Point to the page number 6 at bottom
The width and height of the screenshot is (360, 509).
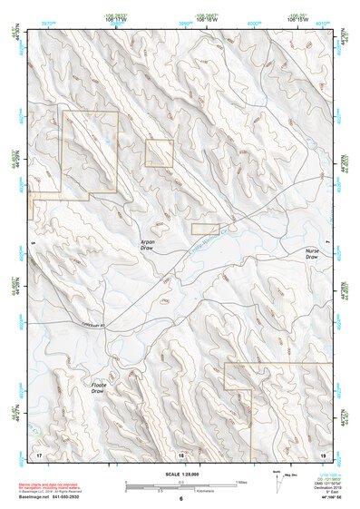pos(180,498)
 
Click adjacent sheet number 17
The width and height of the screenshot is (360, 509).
pos(39,453)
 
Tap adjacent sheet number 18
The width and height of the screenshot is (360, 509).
pos(180,453)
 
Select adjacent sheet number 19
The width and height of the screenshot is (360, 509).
pos(322,453)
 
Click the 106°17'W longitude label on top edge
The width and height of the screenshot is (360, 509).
pos(113,19)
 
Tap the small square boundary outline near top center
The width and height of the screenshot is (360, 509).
pos(159,152)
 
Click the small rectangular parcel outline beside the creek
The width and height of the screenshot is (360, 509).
pos(205,230)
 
